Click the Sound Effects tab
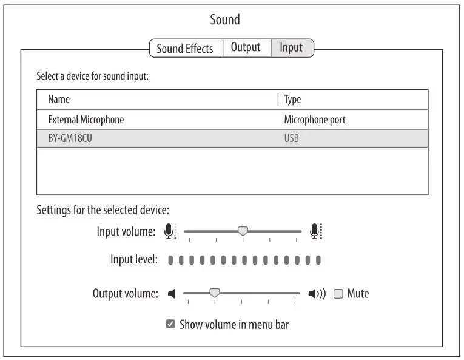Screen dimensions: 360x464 click(185, 49)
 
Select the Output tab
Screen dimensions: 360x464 click(246, 48)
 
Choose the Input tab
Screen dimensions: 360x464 click(291, 48)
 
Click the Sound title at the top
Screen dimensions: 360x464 click(225, 20)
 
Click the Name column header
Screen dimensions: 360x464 click(59, 100)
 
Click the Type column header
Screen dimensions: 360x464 click(292, 100)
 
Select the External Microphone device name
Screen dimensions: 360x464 click(86, 120)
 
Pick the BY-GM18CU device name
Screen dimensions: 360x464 click(70, 138)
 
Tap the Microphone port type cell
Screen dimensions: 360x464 click(315, 120)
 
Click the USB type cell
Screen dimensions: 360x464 click(292, 138)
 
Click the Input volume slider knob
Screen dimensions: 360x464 click(243, 231)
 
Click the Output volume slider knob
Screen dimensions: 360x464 click(214, 293)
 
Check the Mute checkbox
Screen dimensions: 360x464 click(338, 294)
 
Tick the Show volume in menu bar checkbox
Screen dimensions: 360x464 click(170, 325)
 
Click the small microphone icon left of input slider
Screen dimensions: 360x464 click(169, 231)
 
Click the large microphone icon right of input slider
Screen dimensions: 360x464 click(315, 231)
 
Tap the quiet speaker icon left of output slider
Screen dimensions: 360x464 click(172, 294)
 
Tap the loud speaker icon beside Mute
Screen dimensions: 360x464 click(317, 294)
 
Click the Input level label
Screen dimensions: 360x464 click(134, 260)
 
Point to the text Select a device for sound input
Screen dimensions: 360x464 click(92, 77)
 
